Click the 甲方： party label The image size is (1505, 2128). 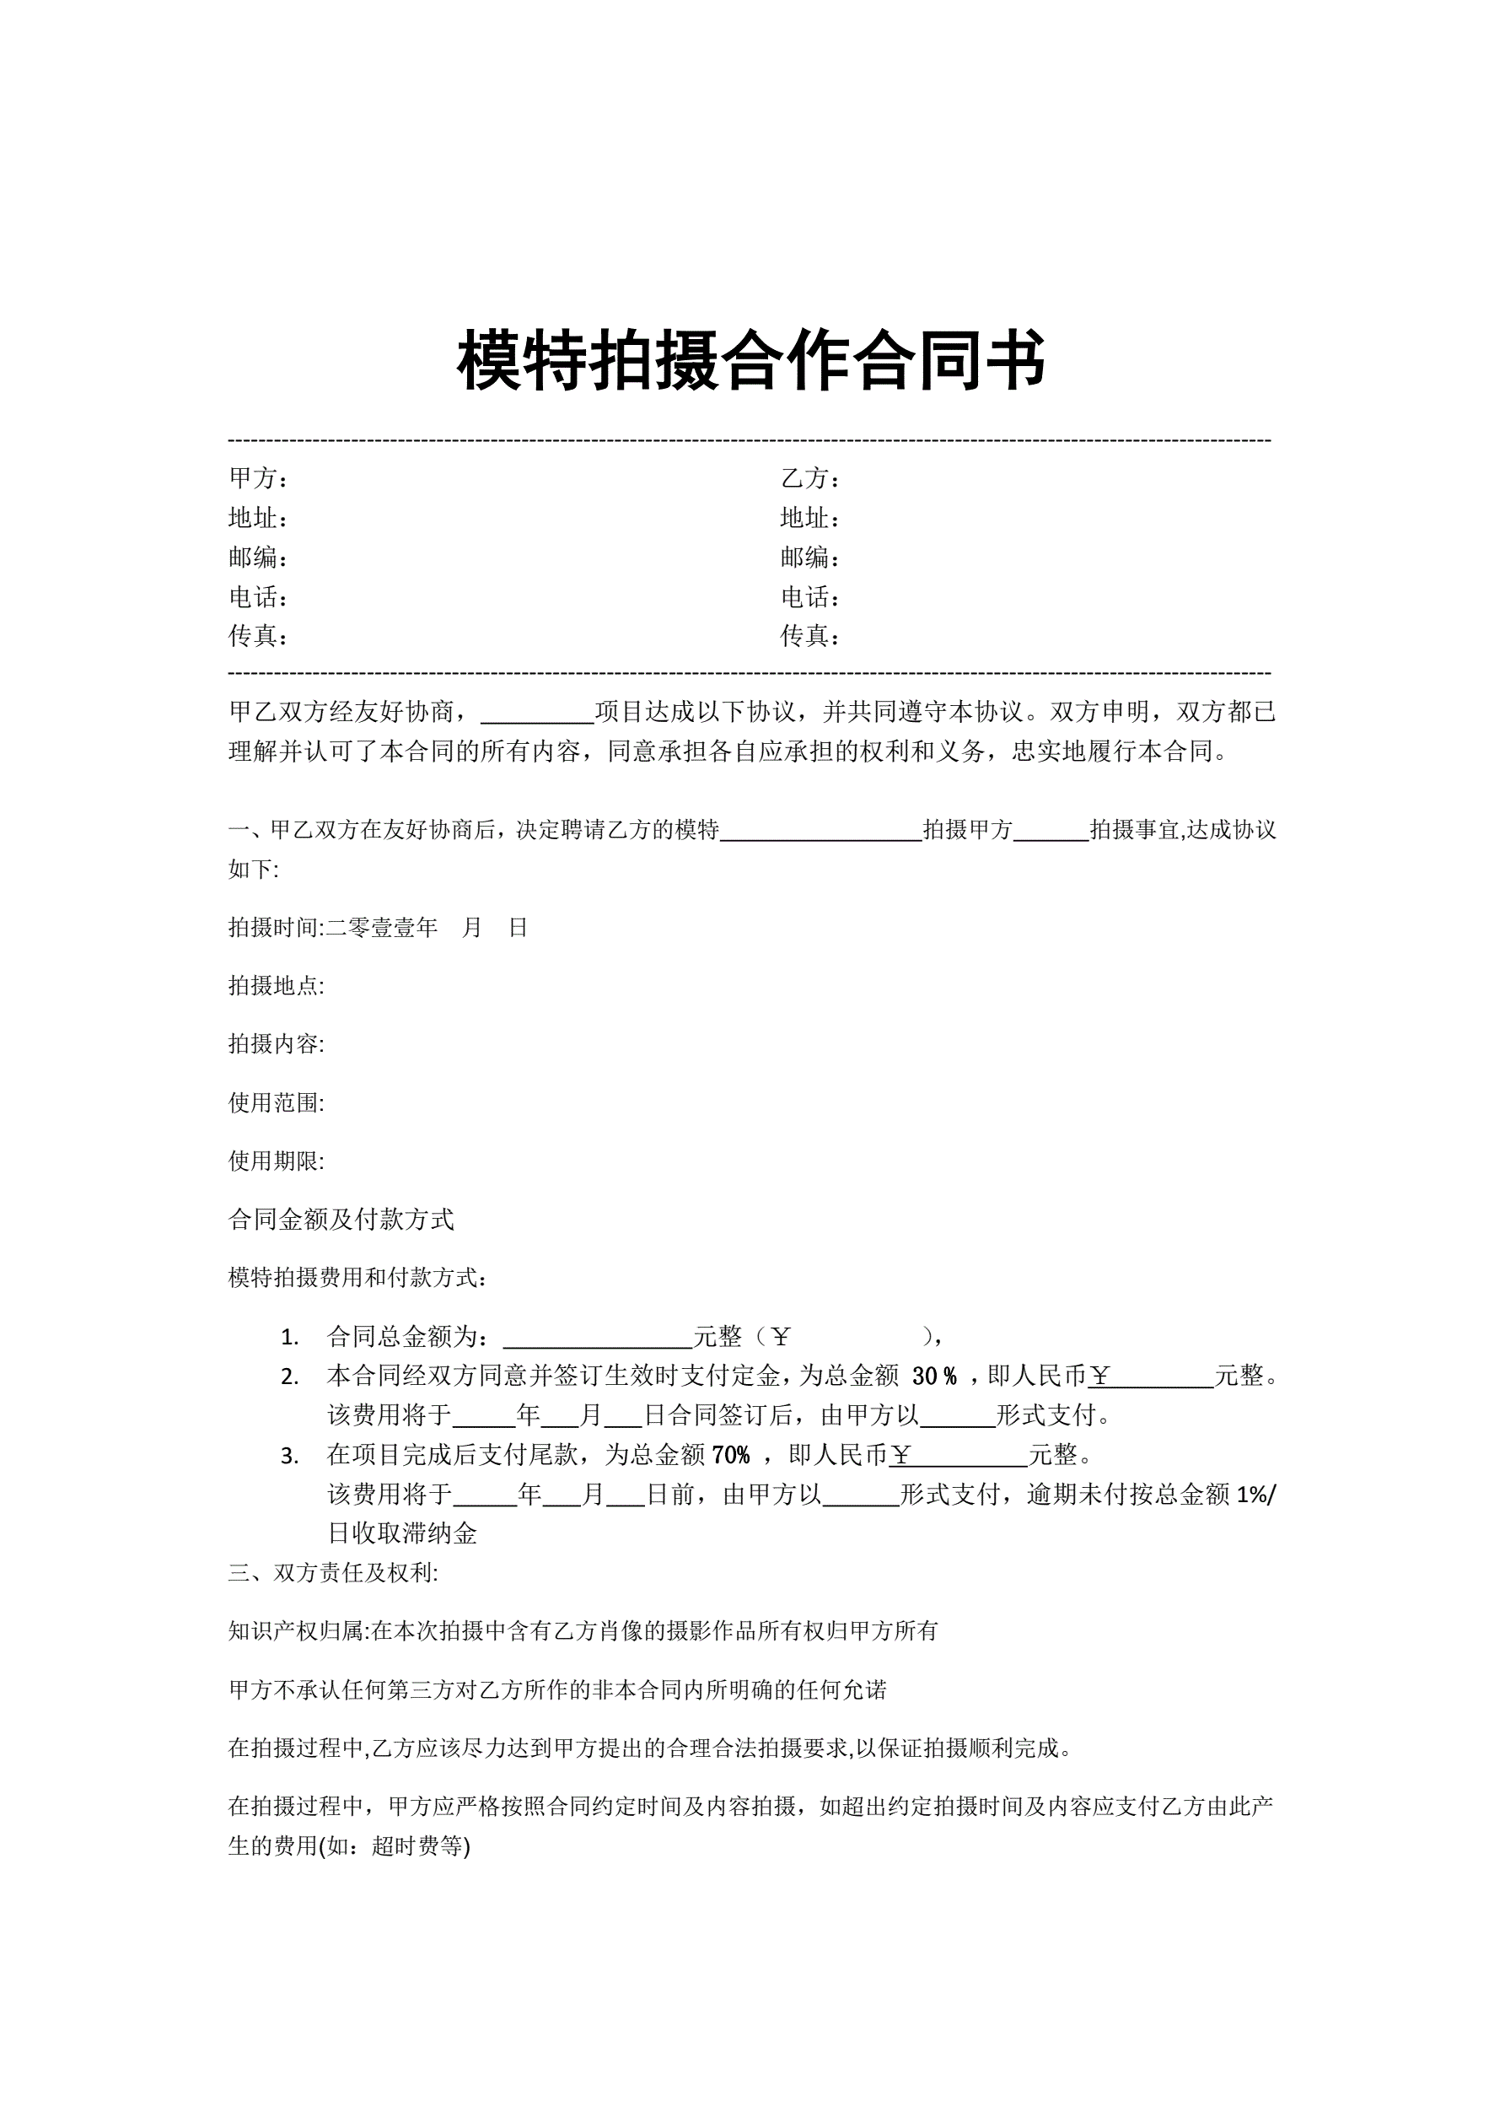[x=258, y=478]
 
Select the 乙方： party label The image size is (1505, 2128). [x=810, y=478]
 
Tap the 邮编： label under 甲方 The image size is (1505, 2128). [x=258, y=557]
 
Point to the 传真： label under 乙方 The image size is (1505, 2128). [x=810, y=636]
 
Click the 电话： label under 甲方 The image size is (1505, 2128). [x=258, y=597]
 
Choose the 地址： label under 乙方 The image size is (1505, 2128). [x=810, y=518]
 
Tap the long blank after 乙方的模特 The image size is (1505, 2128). [x=820, y=831]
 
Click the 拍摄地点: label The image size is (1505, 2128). [x=277, y=985]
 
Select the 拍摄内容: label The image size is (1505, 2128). [x=277, y=1043]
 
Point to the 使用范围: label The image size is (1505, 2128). [x=277, y=1102]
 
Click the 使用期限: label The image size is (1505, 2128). [x=277, y=1161]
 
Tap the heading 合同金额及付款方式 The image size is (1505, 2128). [x=341, y=1220]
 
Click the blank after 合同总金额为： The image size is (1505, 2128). [x=598, y=1337]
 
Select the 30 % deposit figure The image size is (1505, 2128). [x=933, y=1376]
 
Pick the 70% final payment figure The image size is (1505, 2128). [x=730, y=1455]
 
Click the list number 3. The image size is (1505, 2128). [x=289, y=1456]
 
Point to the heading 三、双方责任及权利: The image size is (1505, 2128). [x=334, y=1573]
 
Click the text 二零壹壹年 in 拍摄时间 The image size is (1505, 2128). [x=382, y=928]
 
